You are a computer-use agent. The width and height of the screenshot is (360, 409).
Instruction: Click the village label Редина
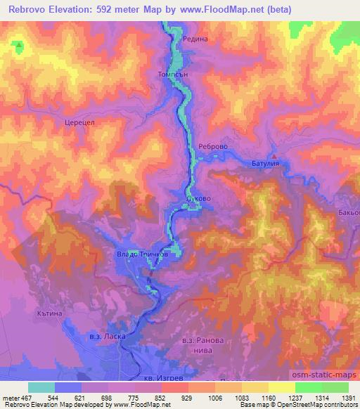tap(195, 40)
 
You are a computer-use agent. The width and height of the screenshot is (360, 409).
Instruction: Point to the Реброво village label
tap(212, 146)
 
